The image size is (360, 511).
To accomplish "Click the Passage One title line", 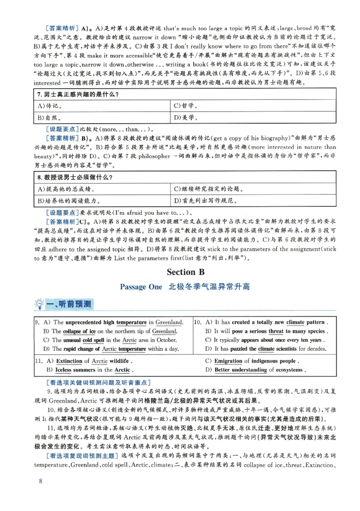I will click(x=185, y=287).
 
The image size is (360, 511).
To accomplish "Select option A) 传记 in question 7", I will click(x=49, y=106).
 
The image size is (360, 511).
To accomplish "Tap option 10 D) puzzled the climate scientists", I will click(x=265, y=349).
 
